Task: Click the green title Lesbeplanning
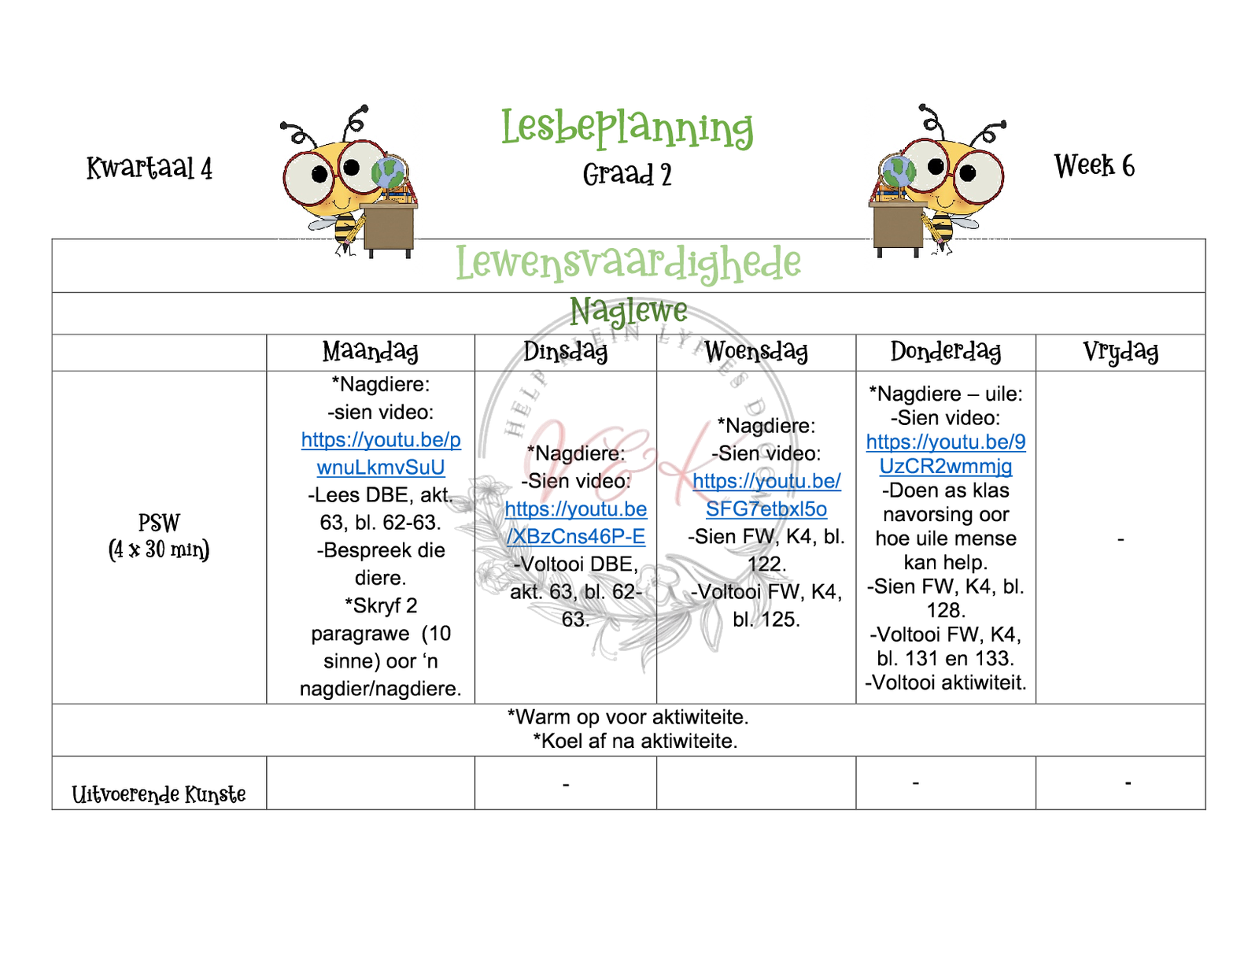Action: (627, 128)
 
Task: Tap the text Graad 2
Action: (627, 174)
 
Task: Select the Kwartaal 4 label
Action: (150, 168)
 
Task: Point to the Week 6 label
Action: (1094, 165)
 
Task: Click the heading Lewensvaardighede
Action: (628, 263)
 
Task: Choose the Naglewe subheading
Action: (628, 311)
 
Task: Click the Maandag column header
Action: (370, 351)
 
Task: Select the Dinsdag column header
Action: (565, 351)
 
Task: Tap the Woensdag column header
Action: (755, 351)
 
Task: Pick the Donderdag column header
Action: (945, 351)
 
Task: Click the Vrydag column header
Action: (1120, 351)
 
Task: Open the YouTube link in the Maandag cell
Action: (381, 453)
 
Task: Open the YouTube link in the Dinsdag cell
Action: (575, 523)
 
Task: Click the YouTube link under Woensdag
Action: (766, 495)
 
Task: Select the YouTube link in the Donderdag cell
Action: (946, 454)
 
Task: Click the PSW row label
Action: (159, 535)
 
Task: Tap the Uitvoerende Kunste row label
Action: (159, 794)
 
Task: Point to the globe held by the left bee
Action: (387, 174)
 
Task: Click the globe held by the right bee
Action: (899, 171)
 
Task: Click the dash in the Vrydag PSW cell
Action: (1121, 540)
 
